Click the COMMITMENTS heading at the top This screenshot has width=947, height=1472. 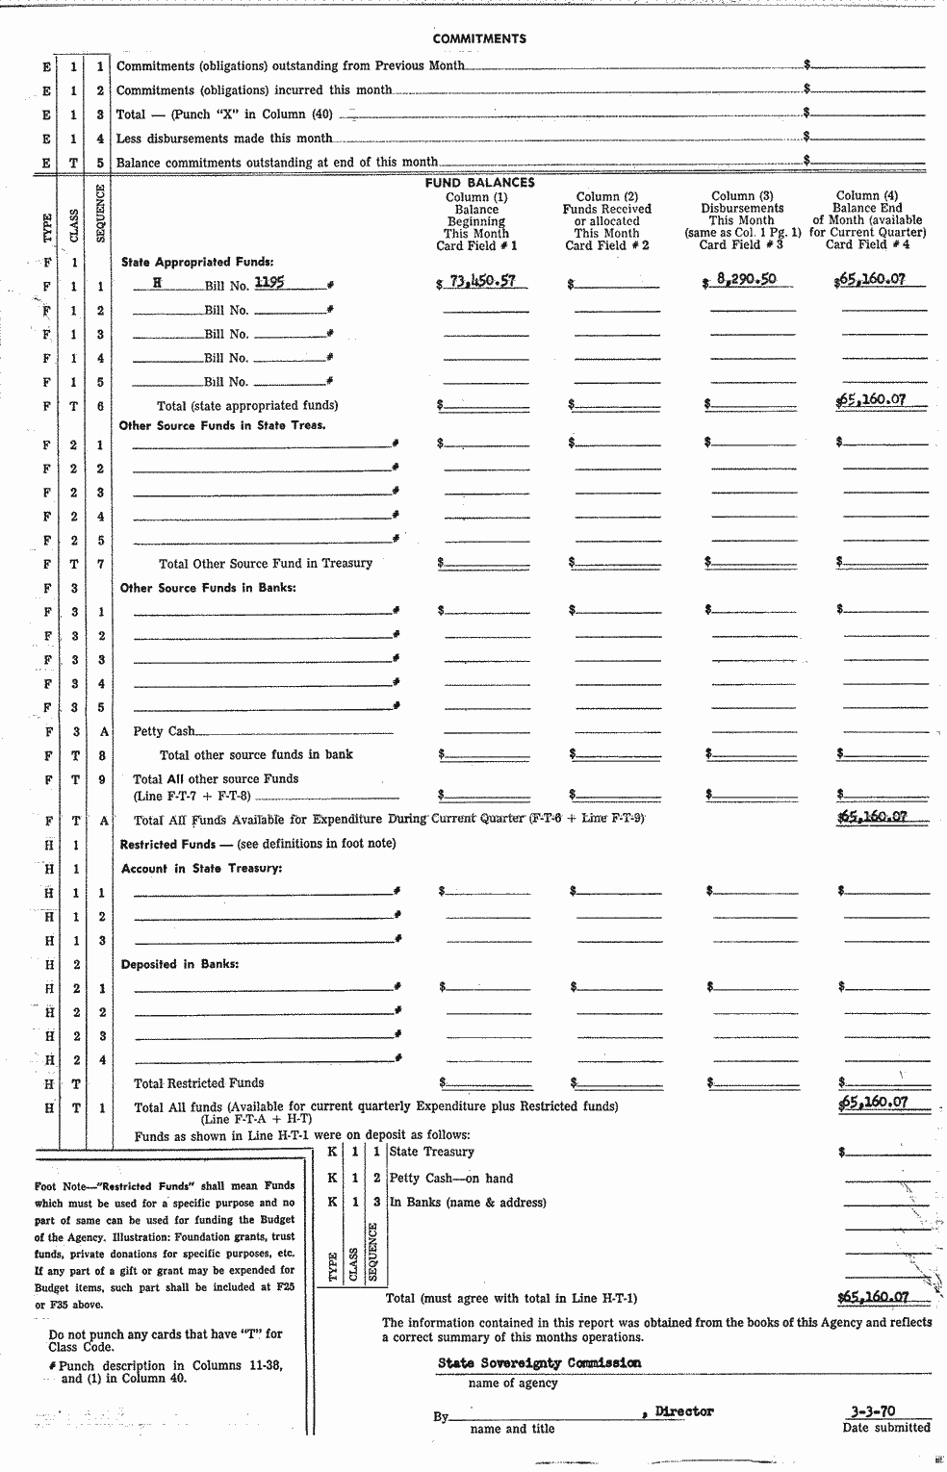pos(479,38)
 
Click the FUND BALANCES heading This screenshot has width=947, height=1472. pos(479,182)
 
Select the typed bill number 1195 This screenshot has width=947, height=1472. pos(269,283)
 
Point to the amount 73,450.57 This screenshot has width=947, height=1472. pos(482,281)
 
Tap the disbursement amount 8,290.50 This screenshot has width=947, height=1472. pos(746,280)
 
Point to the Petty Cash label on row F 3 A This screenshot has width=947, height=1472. pos(164,731)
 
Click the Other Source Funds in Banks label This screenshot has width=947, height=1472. pos(208,587)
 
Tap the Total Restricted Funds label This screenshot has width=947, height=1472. pos(198,1082)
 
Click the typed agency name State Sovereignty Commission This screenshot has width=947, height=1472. pos(539,1362)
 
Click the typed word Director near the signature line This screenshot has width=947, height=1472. pos(684,1411)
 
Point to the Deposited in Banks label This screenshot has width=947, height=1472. pos(180,964)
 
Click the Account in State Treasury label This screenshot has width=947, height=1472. pos(201,868)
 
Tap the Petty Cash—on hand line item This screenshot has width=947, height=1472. pos(450,1178)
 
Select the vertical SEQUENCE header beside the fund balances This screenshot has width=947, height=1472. pos(101,213)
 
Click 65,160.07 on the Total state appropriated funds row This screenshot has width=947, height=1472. pos(871,399)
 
